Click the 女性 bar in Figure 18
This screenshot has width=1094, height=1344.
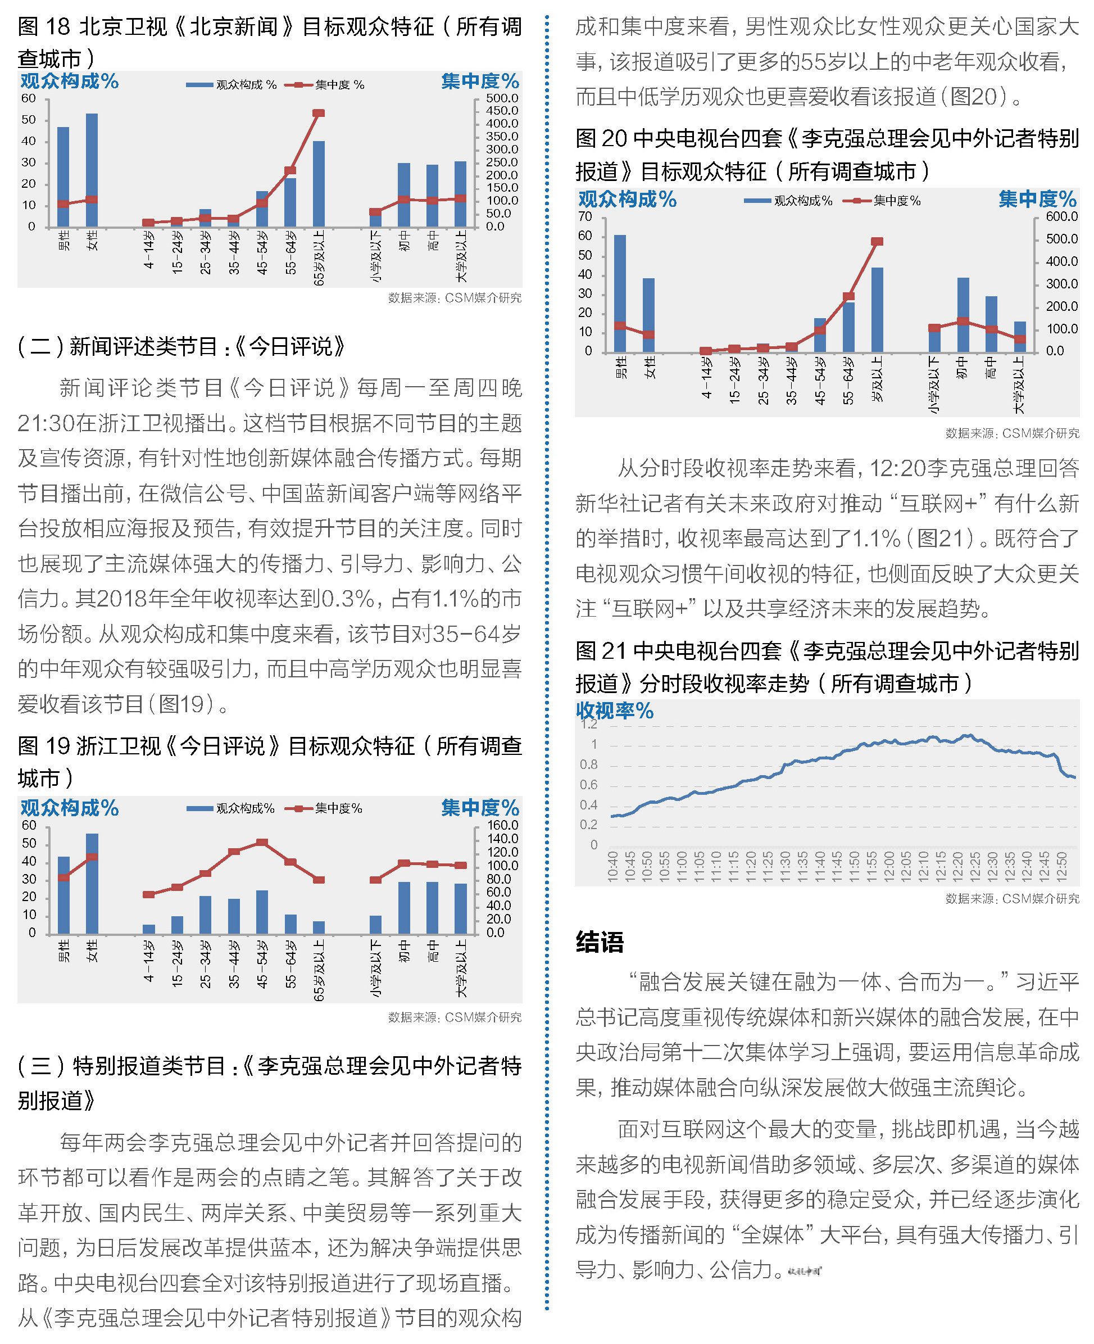[92, 170]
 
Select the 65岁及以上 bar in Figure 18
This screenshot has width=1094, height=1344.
[319, 184]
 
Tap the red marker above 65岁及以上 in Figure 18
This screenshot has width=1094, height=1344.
[319, 114]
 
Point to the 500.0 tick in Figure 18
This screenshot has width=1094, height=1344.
[502, 98]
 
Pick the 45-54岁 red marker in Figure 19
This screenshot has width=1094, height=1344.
[262, 842]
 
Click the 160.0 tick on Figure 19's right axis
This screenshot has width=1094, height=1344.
[502, 825]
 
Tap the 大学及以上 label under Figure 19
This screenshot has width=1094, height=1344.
[461, 969]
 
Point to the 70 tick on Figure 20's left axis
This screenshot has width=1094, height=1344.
[585, 217]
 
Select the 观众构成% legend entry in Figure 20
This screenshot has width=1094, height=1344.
[788, 201]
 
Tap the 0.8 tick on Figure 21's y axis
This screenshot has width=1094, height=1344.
[589, 764]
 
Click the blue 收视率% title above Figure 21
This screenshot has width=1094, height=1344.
[615, 711]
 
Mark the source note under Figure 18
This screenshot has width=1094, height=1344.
[455, 297]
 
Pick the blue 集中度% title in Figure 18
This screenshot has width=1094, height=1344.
[480, 82]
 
